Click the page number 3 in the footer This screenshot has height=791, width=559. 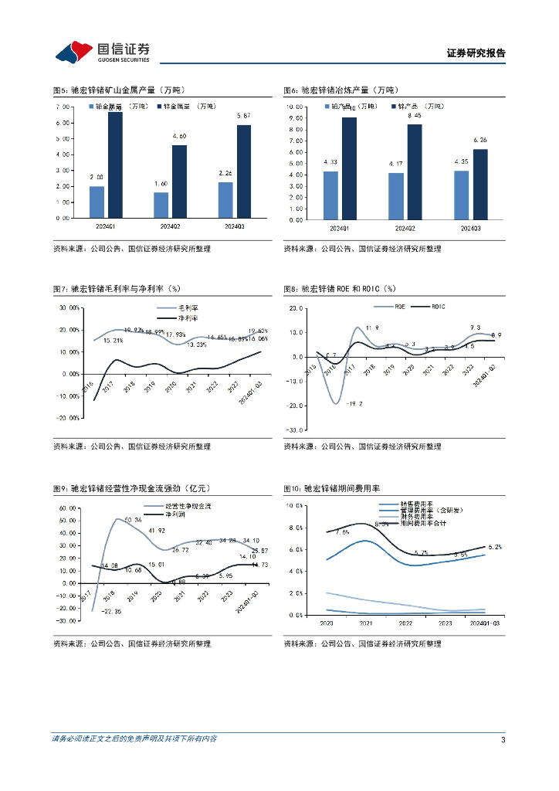coord(503,739)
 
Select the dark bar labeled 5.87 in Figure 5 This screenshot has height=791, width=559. coord(243,171)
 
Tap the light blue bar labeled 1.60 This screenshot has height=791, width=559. coord(161,205)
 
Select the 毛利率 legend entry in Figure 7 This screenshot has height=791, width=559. coord(177,307)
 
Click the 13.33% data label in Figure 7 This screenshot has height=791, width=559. coord(197,345)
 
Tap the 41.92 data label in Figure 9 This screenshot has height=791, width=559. coord(158,530)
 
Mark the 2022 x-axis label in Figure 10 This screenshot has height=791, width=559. coord(402,622)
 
